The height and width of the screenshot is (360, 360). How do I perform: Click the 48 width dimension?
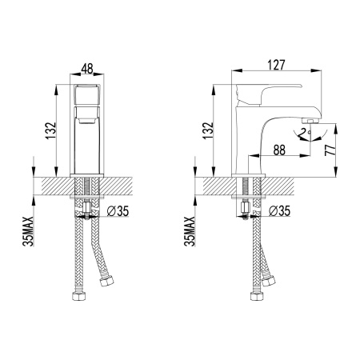point(87,70)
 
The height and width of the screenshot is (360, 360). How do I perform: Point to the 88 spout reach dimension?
point(279,149)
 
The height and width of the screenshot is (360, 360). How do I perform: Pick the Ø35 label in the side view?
point(279,212)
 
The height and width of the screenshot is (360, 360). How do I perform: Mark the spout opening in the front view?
point(87,122)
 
